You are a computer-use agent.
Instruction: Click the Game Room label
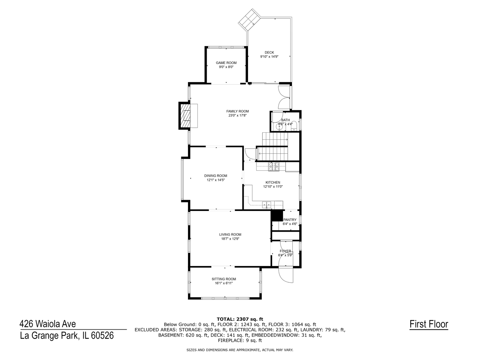226,63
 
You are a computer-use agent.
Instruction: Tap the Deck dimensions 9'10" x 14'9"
269,57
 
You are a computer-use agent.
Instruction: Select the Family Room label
237,111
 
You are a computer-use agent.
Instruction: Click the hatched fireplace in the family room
185,116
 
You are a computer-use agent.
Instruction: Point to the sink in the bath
279,127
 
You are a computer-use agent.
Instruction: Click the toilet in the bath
294,126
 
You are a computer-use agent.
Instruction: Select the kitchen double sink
267,205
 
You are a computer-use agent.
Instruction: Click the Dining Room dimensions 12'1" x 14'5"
216,180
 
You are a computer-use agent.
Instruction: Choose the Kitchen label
273,183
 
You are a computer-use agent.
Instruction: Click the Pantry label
290,220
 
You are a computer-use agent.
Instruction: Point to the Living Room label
230,235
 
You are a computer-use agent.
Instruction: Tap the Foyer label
285,251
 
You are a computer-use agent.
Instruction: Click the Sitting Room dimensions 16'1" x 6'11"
224,283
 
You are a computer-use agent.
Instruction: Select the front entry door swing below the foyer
286,275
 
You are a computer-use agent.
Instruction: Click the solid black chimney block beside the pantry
277,216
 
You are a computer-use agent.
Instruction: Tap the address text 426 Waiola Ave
48,324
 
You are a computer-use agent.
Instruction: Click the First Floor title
429,324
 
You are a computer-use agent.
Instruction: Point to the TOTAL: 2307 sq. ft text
240,319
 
